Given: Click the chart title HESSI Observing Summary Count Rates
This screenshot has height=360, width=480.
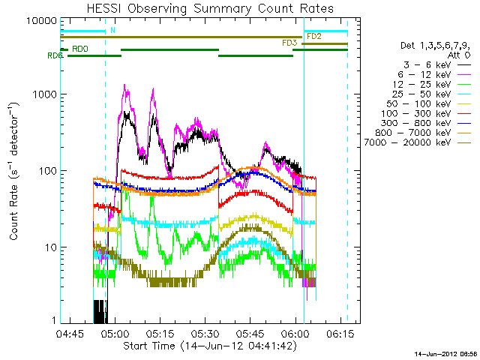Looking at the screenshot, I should click(209, 8).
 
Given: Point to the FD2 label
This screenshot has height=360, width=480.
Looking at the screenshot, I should click(314, 36).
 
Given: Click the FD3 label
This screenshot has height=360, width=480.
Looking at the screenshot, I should click(289, 43).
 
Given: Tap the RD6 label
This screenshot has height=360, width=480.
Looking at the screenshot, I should click(55, 56).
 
